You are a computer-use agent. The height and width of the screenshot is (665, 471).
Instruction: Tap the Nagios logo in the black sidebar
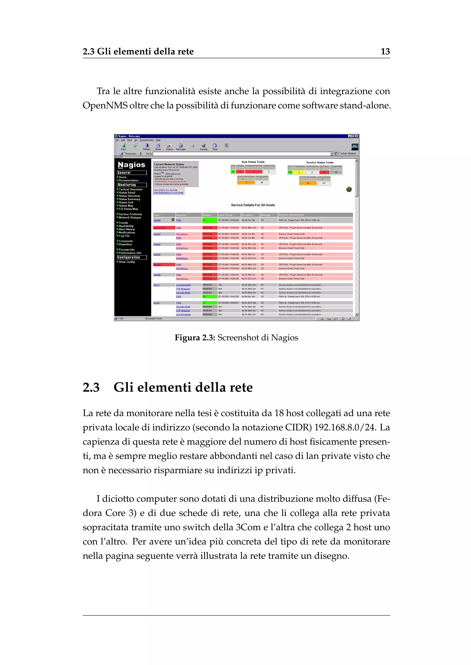[x=131, y=165]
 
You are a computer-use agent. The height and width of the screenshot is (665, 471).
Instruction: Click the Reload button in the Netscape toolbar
[x=146, y=147]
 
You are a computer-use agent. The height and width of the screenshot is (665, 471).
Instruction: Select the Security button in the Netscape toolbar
[x=204, y=147]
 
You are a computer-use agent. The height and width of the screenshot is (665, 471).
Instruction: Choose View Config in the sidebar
[x=127, y=262]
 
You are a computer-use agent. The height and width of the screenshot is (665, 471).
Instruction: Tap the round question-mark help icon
[x=349, y=189]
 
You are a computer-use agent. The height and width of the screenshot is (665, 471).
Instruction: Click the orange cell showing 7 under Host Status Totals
[x=246, y=183]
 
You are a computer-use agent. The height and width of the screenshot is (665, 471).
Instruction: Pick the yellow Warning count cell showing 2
[x=299, y=172]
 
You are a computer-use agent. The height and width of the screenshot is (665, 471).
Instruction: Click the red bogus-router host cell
[x=164, y=228]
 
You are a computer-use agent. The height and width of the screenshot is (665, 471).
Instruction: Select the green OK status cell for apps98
[x=210, y=220]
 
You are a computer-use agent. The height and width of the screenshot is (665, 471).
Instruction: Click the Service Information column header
[x=291, y=215]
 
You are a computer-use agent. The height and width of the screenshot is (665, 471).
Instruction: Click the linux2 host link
[x=156, y=303]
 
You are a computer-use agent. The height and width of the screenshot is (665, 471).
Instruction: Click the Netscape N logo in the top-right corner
[x=354, y=147]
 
